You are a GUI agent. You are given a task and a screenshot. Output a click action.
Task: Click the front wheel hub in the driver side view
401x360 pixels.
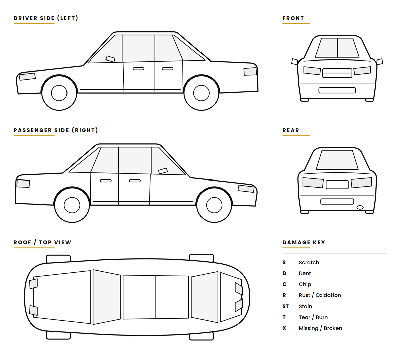pos(59,93)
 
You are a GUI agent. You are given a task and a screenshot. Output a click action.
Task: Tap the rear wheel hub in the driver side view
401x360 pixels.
pos(201,93)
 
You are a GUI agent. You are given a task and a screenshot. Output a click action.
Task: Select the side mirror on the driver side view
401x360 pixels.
pos(110,59)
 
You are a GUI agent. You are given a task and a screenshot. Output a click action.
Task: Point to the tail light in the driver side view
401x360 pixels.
pos(250,71)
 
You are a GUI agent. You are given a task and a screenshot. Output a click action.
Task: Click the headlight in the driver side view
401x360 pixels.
pos(27,77)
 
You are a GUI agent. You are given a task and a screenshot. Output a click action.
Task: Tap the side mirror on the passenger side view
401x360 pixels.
pos(163,171)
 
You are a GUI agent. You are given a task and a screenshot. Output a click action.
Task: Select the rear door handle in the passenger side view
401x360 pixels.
pos(106,181)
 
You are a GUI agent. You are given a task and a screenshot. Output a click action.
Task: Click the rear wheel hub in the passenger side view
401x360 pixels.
pos(72,205)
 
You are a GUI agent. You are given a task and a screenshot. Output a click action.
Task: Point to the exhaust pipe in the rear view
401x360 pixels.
pos(360,207)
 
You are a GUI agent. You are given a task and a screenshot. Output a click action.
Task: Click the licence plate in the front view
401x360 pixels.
pos(337,90)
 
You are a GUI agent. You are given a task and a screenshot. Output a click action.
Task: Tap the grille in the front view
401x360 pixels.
pos(337,73)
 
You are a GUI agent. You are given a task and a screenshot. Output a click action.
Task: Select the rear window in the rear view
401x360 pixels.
pos(337,160)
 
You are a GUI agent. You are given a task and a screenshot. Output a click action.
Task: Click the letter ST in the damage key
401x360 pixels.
pos(285,306)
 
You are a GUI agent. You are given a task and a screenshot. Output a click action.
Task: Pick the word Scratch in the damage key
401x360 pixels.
pos(309,262)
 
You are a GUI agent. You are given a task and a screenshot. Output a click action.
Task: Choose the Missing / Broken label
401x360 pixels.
pos(320,328)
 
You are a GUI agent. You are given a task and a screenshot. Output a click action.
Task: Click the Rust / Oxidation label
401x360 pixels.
pos(320,295)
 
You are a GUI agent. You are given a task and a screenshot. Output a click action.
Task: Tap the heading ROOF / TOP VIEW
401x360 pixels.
pos(42,242)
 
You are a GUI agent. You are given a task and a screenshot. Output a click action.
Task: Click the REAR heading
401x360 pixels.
pos(291,130)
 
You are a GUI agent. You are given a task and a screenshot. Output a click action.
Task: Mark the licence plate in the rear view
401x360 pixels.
pos(337,201)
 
